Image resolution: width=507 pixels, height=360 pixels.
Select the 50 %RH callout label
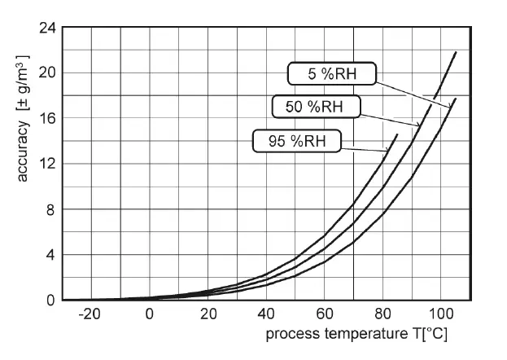pyautogui.click(x=315, y=106)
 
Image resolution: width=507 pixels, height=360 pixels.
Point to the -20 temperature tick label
pyautogui.click(x=89, y=314)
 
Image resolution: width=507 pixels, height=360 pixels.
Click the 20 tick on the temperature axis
pyautogui.click(x=208, y=314)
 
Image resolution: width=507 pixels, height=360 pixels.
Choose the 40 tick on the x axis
pyautogui.click(x=266, y=314)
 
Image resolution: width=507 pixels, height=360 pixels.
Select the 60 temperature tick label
pyautogui.click(x=324, y=314)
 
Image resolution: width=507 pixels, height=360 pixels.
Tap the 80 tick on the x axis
pyautogui.click(x=382, y=314)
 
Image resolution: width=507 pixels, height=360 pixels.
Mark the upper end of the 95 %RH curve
pyautogui.click(x=397, y=134)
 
